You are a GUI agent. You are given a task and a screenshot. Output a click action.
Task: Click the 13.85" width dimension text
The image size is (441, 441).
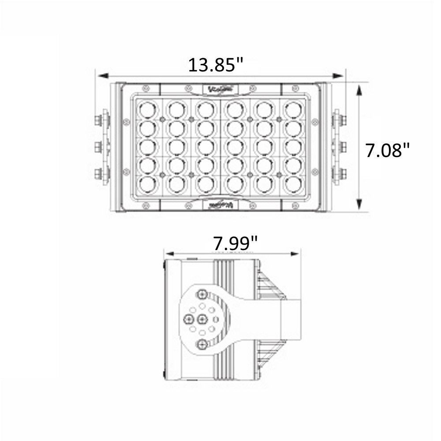(216, 65)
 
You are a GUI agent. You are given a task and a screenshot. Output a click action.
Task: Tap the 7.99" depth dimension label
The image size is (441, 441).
(235, 243)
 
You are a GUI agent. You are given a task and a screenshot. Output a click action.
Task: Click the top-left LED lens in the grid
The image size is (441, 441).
(148, 109)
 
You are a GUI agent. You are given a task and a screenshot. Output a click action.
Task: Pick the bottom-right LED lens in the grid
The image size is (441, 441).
(292, 184)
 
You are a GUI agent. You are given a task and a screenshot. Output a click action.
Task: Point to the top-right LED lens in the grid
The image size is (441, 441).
(292, 109)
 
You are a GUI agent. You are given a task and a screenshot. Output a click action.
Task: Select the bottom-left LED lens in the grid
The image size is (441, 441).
(148, 184)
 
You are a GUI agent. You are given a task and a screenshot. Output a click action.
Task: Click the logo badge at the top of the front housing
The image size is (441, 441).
(222, 89)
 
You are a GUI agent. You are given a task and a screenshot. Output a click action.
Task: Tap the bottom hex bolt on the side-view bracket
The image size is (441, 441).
(202, 344)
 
